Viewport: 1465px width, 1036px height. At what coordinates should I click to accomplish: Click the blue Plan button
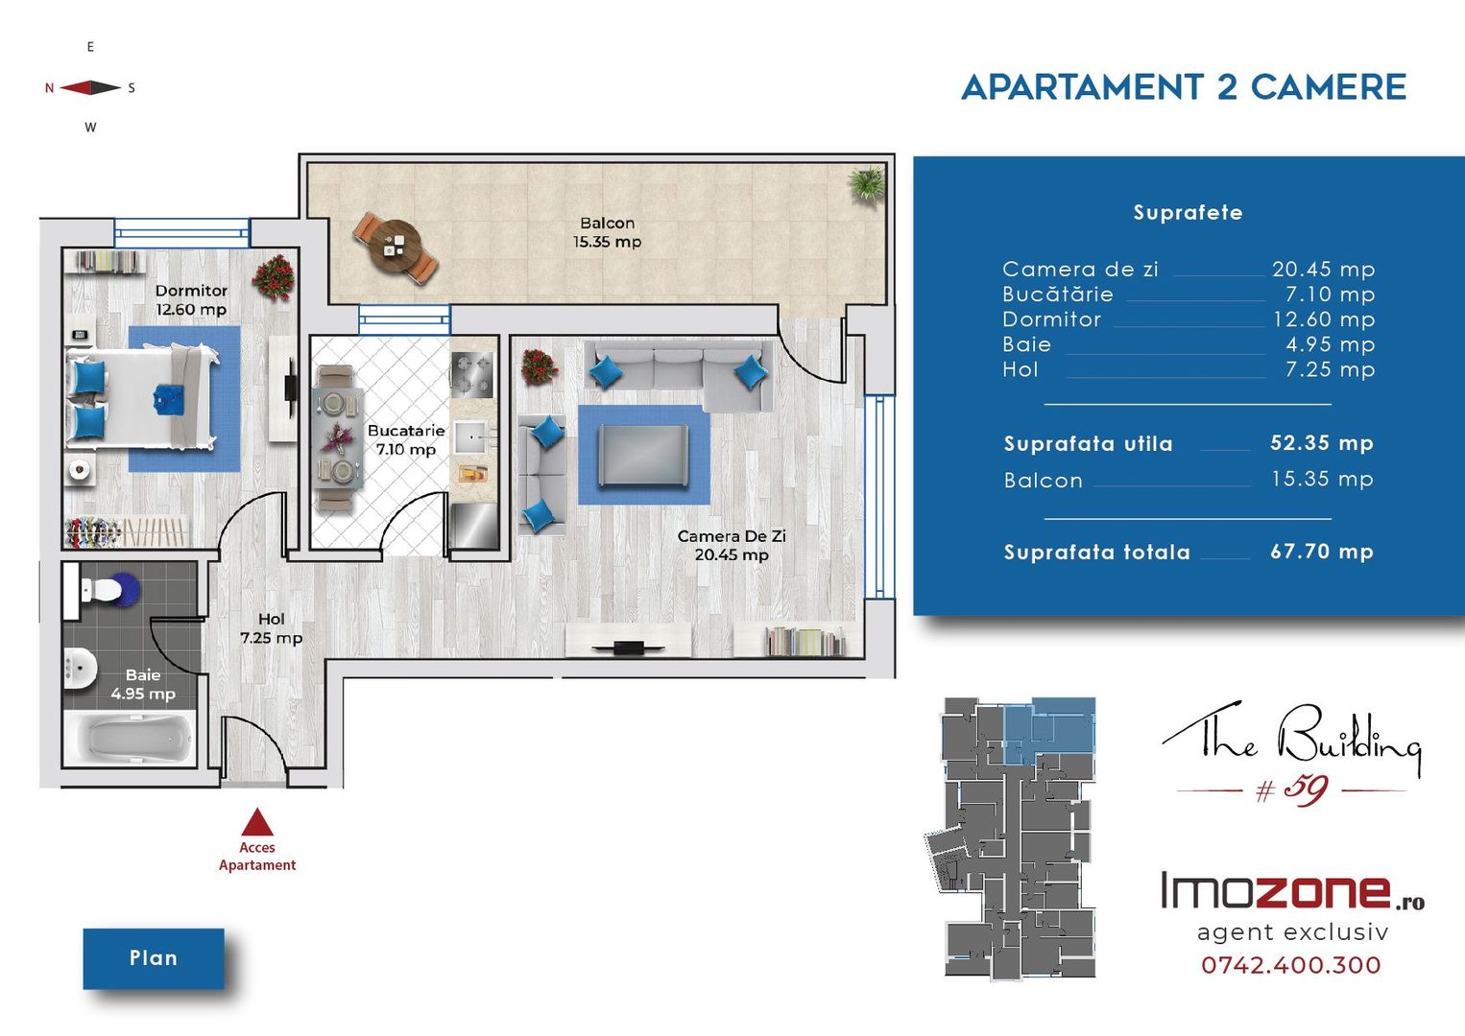click(x=154, y=958)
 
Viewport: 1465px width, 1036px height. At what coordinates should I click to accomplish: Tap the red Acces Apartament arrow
click(x=257, y=822)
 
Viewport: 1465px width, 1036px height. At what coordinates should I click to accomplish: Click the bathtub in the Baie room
click(x=130, y=738)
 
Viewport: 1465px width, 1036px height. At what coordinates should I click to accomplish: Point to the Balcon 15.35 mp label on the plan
click(x=608, y=232)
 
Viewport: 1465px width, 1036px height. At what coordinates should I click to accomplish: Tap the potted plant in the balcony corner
click(x=868, y=185)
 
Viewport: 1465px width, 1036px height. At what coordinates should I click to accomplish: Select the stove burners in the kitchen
click(x=471, y=374)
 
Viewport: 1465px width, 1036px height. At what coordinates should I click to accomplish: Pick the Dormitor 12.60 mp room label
click(x=191, y=300)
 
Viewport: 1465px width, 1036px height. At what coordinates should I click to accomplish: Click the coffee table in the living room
click(x=643, y=455)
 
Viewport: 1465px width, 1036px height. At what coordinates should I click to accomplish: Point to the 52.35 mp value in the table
click(x=1322, y=443)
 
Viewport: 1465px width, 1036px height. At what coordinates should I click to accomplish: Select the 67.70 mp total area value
click(x=1322, y=552)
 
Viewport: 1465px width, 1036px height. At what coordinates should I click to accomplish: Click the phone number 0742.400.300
click(x=1291, y=965)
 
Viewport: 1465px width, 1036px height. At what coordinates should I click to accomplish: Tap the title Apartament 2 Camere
click(x=1184, y=87)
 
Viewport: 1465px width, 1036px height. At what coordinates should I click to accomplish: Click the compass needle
click(x=90, y=87)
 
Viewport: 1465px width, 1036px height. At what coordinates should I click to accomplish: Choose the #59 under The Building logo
click(x=1291, y=790)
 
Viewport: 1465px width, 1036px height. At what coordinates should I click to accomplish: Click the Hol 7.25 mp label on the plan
click(x=272, y=628)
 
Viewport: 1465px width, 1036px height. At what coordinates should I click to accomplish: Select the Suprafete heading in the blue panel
click(x=1188, y=212)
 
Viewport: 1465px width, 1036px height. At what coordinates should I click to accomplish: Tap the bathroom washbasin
click(x=81, y=668)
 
